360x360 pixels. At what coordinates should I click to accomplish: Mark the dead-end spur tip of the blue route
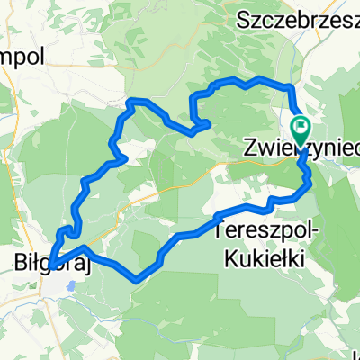(209, 123)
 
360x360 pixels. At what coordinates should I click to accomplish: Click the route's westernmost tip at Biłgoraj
(49, 265)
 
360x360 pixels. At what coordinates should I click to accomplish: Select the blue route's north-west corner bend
(131, 99)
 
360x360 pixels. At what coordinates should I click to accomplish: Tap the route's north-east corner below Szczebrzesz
(290, 86)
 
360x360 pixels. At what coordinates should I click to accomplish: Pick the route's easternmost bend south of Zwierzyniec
(310, 183)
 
